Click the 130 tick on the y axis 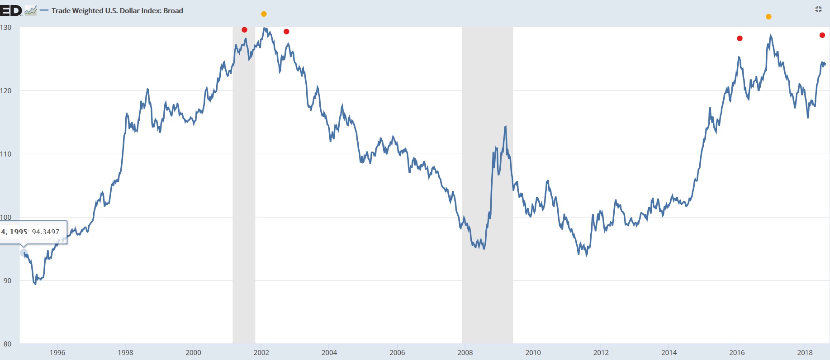point(6,28)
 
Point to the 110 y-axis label point(6,154)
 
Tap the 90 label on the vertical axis point(7,281)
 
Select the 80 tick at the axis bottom point(7,344)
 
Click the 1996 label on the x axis point(57,353)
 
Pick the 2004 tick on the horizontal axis point(329,353)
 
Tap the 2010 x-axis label point(533,353)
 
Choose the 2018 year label point(805,353)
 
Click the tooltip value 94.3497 point(46,232)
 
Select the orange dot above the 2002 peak point(264,14)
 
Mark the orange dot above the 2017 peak point(768,17)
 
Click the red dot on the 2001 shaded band point(245,30)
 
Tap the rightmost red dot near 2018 point(822,35)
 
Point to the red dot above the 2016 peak point(740,38)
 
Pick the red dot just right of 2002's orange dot point(286,32)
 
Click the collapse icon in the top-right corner point(818,9)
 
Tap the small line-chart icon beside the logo point(31,11)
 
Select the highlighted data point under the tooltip point(24,253)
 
